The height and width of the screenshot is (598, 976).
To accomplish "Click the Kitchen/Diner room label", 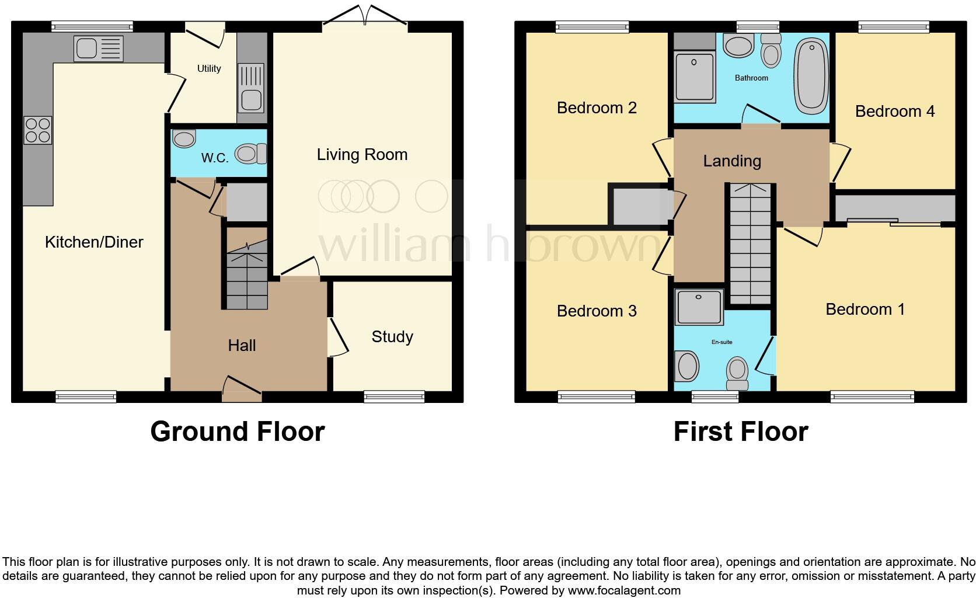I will [94, 242].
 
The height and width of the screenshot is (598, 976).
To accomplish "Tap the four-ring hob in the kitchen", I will [37, 130].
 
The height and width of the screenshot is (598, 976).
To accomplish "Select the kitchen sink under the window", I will [98, 48].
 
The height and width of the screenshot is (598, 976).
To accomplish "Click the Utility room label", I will [209, 68].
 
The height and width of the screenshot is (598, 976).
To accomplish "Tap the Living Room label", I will [362, 154].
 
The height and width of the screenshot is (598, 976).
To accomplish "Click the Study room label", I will [392, 336].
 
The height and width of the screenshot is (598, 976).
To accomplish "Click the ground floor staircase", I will [246, 274].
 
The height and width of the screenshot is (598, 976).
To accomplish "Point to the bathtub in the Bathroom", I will [811, 76].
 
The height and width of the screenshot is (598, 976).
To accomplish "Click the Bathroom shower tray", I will [694, 77].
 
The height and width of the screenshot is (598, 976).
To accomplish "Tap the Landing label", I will [732, 161].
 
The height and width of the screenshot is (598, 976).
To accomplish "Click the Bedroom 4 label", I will [894, 111].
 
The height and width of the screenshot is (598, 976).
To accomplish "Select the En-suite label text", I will [721, 342].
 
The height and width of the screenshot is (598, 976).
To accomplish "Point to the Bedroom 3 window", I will [596, 397].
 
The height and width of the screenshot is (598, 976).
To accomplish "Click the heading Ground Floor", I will [237, 432].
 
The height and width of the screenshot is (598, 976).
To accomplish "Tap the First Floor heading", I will [740, 432].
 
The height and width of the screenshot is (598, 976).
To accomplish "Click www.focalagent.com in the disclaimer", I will [623, 590].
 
